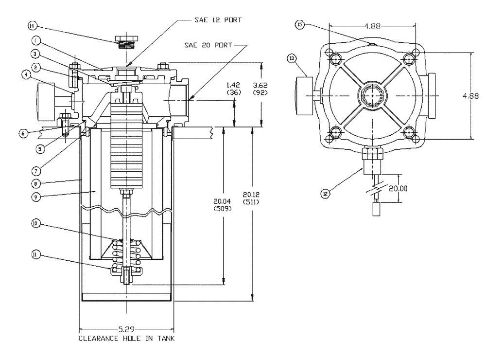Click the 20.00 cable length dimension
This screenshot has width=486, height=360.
pos(407,188)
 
